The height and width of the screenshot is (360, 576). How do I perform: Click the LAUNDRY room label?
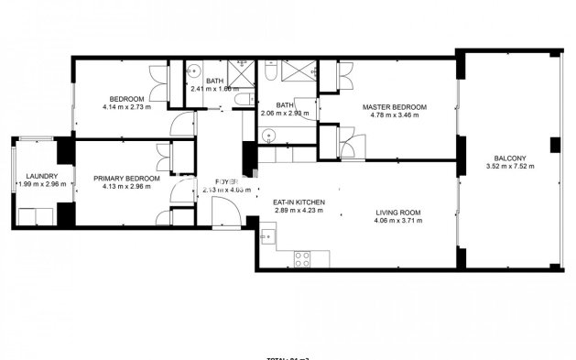click(42, 177)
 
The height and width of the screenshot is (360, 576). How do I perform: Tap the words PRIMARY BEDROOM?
click(132, 179)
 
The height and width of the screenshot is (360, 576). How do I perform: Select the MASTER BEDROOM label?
click(395, 106)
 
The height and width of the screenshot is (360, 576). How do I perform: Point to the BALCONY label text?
click(510, 157)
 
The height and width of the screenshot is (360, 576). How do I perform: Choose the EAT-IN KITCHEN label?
click(299, 202)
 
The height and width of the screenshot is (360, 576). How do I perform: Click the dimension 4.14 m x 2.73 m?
click(126, 107)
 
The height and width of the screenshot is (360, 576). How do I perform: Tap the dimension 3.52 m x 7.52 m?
click(510, 166)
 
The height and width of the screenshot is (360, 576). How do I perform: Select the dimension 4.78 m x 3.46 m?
click(395, 115)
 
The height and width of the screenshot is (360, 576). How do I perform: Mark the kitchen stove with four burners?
click(301, 257)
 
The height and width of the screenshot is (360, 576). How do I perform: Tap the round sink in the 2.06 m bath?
click(267, 136)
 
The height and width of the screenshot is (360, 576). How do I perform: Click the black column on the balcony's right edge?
click(554, 146)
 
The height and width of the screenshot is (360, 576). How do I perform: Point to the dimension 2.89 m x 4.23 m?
click(299, 212)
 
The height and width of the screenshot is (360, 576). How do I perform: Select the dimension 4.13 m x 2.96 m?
click(132, 188)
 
